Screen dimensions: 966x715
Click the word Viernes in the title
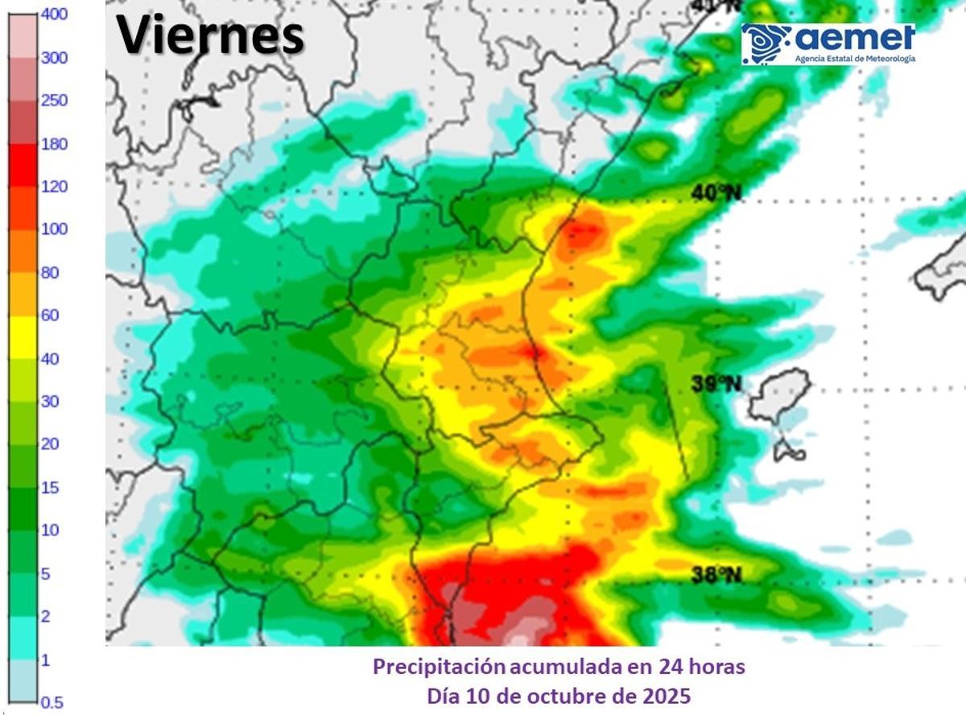(211, 35)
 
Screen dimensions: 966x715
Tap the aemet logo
(828, 43)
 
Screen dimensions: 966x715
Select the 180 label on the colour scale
(54, 144)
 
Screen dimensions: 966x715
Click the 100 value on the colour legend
(54, 229)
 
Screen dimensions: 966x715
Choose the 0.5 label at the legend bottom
(52, 702)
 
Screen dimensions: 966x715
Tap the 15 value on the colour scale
(49, 487)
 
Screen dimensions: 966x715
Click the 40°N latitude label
(716, 192)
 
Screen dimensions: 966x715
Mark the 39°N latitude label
(716, 384)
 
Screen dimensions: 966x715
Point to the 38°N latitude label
(716, 574)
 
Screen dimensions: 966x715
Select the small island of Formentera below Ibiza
(789, 451)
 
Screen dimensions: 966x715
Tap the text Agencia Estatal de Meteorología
(855, 59)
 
